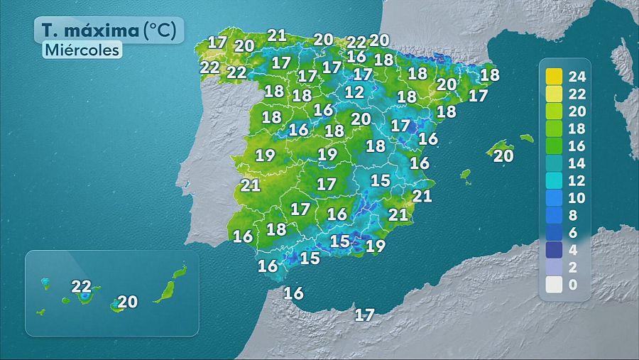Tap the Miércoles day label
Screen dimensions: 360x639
coord(81,50)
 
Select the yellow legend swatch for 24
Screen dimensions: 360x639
coord(554,75)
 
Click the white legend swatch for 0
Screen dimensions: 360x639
coord(554,285)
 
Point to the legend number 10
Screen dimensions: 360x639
coord(577,197)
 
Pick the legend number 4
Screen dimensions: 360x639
coord(574,250)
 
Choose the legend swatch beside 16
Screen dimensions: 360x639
coord(554,145)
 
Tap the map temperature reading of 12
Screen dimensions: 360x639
coord(354,92)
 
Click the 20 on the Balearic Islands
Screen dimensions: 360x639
coord(503,156)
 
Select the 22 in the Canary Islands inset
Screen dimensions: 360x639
coord(82,287)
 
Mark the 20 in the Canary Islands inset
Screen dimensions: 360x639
coord(127,301)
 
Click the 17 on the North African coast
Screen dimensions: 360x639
coord(364,315)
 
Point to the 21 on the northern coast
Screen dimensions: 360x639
coord(276,35)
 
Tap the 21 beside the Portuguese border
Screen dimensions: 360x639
coord(251,185)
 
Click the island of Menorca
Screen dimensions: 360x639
coord(526,138)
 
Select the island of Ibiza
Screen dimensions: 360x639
coord(466,174)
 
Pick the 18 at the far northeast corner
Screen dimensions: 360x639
coord(489,74)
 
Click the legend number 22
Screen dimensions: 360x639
coord(577,92)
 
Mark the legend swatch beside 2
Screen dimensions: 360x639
coord(554,268)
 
